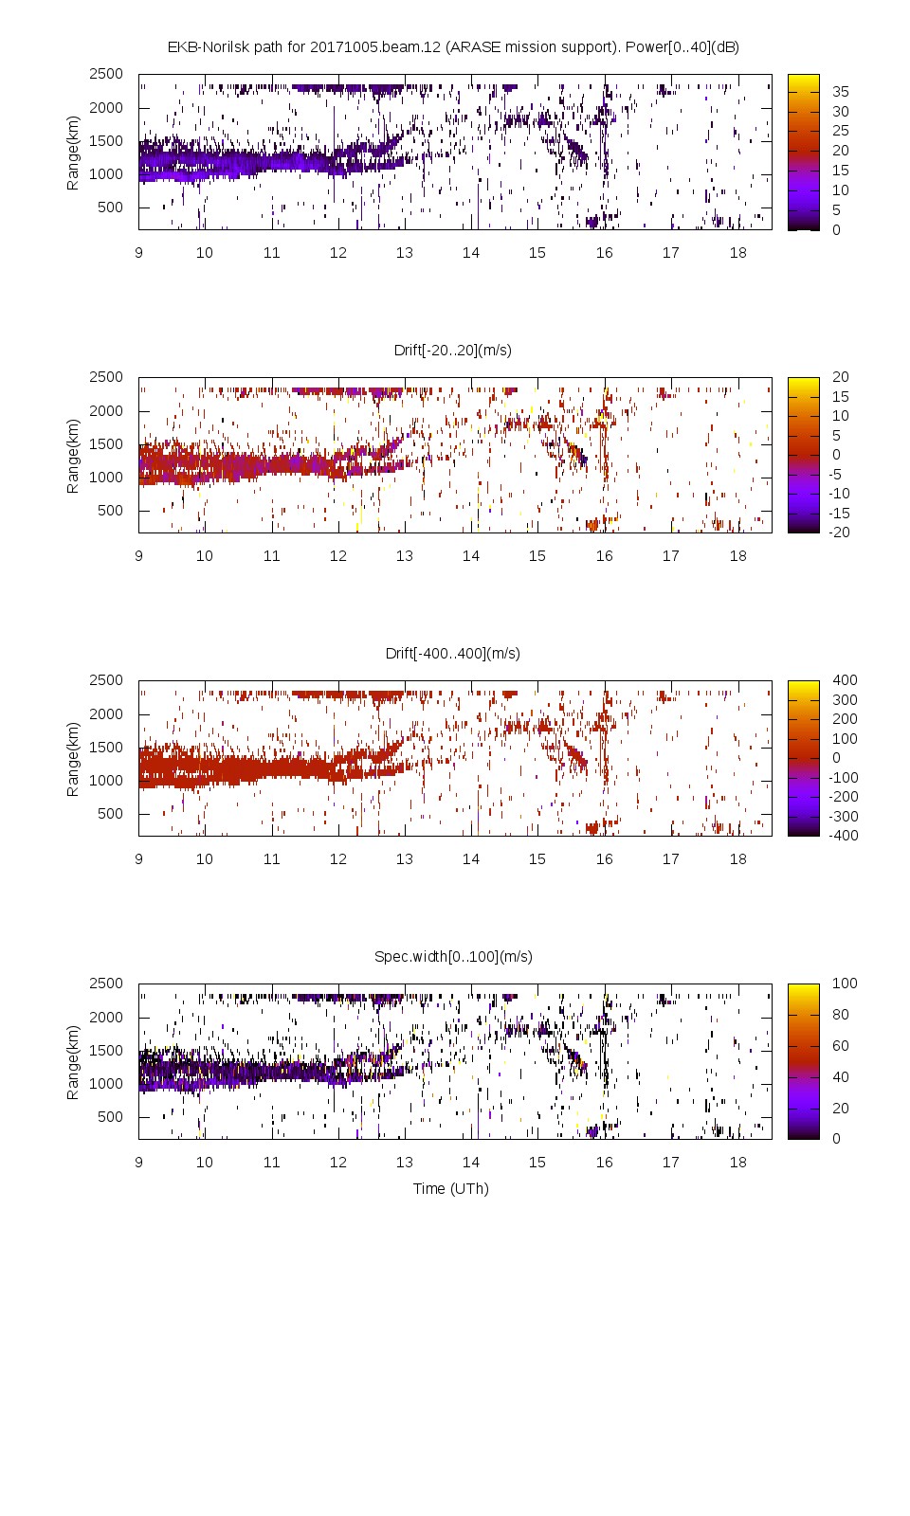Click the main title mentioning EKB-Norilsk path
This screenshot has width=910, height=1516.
453,46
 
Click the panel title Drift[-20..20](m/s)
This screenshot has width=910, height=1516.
453,350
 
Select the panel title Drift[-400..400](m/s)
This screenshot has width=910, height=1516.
453,653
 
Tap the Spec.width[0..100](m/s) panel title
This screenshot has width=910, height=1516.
453,956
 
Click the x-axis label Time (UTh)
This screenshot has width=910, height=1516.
451,1188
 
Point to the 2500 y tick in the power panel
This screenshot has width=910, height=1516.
106,74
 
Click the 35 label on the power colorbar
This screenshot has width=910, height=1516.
841,92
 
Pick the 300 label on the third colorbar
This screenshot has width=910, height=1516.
845,699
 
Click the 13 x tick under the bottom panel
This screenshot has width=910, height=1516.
405,1162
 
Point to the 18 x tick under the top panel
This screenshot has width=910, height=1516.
737,252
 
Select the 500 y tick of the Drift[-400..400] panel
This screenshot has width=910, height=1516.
110,813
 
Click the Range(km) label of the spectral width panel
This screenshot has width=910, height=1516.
73,1061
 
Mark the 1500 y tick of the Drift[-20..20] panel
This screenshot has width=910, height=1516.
106,443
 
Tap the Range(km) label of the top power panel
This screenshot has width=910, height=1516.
73,152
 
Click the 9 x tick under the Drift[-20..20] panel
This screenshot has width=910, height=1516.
138,555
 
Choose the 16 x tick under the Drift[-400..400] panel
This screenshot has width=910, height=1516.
604,858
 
